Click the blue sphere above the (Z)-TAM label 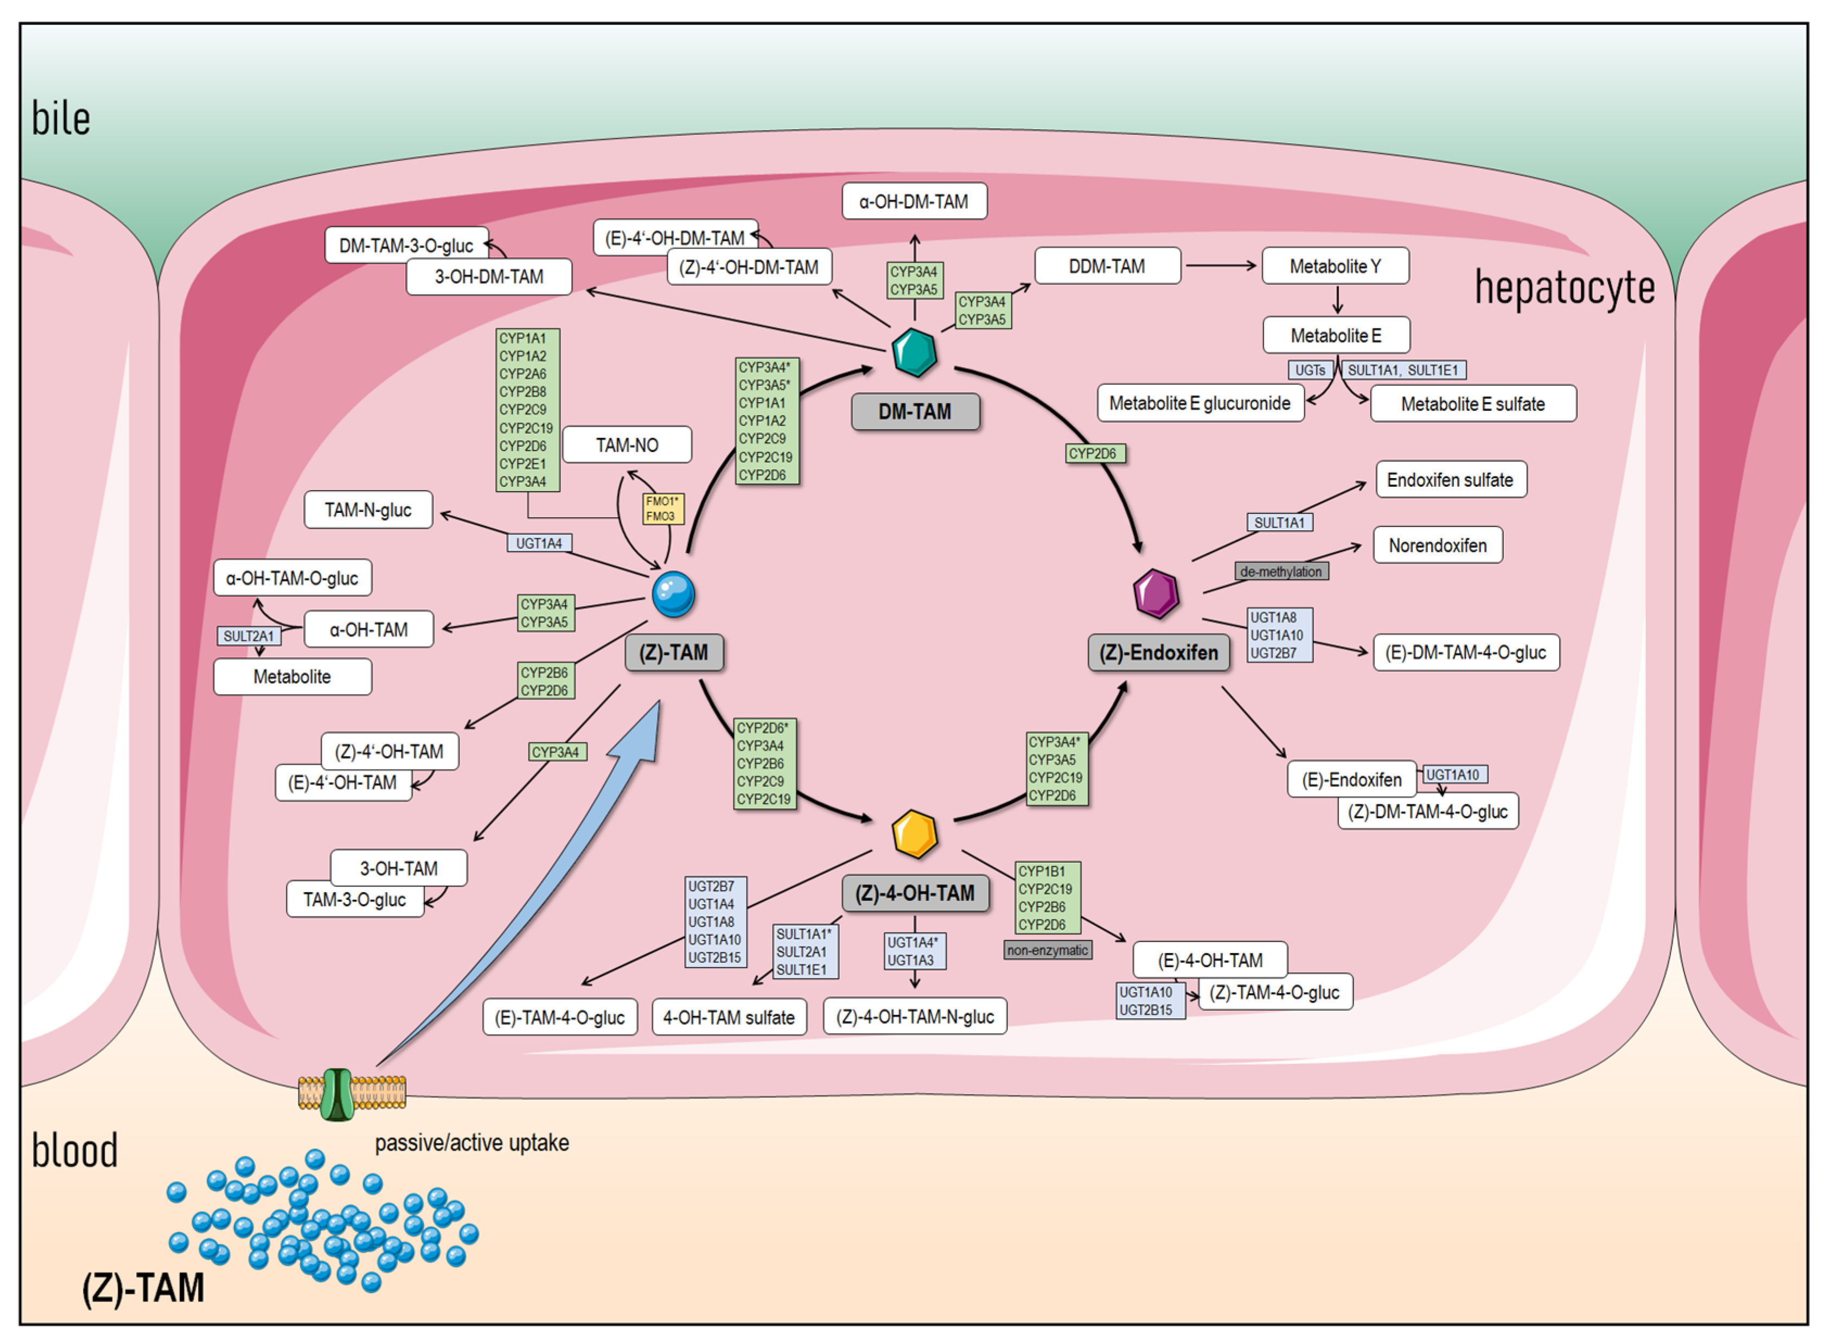coord(673,594)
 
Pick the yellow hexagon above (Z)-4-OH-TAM coord(915,834)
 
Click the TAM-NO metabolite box coord(627,445)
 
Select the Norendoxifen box coord(1437,545)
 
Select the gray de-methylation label coord(1281,571)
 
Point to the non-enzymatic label coord(1048,950)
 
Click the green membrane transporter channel coord(337,1094)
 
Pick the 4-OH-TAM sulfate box coord(729,1016)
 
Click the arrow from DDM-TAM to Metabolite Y coord(1221,265)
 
